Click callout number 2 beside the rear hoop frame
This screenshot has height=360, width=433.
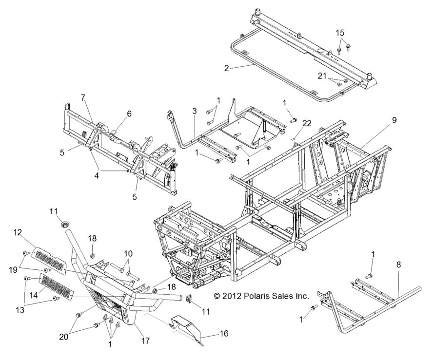coord(226,68)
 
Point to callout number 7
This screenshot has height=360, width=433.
coord(83,97)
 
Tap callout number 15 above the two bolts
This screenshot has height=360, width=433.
coord(340,33)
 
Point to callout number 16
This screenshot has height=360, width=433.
coord(225,334)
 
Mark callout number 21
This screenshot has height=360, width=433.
coord(320,76)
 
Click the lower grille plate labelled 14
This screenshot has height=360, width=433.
coord(55,287)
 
